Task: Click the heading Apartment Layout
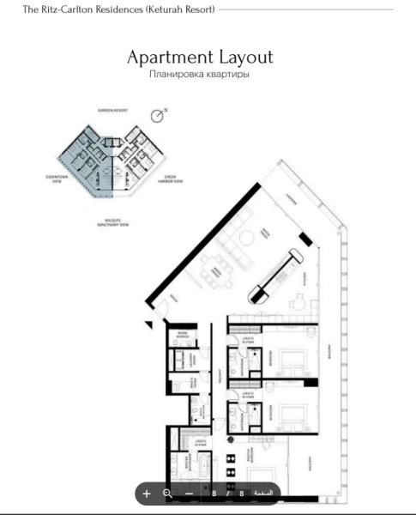click(x=200, y=58)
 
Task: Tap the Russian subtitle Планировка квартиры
click(x=199, y=75)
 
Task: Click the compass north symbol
click(x=157, y=115)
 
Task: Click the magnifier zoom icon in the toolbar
click(x=167, y=494)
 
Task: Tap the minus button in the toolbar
click(x=189, y=494)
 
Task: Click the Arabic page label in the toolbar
click(x=263, y=494)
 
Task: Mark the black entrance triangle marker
click(x=149, y=324)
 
